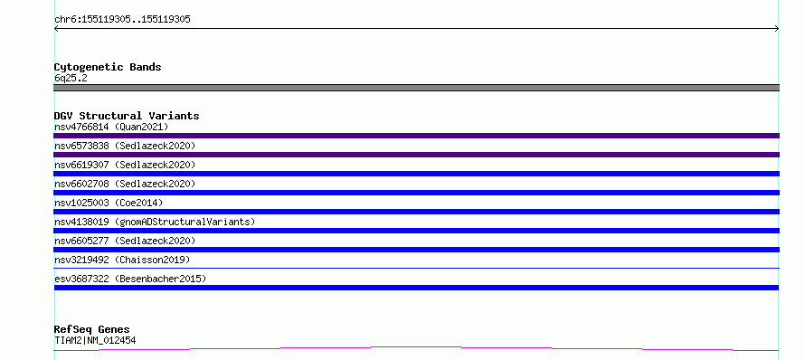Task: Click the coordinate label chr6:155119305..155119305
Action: pyautogui.click(x=122, y=20)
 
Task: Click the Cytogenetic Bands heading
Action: pyautogui.click(x=108, y=67)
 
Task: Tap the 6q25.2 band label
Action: pyautogui.click(x=71, y=79)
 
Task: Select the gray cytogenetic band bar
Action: pyautogui.click(x=416, y=88)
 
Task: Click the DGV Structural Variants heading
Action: pyautogui.click(x=127, y=116)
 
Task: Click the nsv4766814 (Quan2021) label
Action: pyautogui.click(x=111, y=127)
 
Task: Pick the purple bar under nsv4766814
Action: pyautogui.click(x=416, y=136)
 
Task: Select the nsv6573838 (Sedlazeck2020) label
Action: pyautogui.click(x=125, y=146)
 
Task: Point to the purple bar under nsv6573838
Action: pyautogui.click(x=416, y=155)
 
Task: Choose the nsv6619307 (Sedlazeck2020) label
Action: pyautogui.click(x=125, y=165)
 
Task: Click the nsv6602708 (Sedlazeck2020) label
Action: pyautogui.click(x=125, y=184)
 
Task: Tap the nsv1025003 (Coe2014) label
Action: pyautogui.click(x=109, y=203)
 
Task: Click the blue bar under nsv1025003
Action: pyautogui.click(x=416, y=212)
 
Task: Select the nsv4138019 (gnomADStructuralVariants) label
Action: pyautogui.click(x=155, y=222)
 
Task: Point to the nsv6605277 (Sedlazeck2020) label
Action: pyautogui.click(x=125, y=241)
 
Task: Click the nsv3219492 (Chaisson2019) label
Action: pyautogui.click(x=122, y=260)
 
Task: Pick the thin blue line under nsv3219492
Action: pyautogui.click(x=416, y=268)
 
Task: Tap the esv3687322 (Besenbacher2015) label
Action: pyautogui.click(x=130, y=279)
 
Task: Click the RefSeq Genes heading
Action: pyautogui.click(x=92, y=330)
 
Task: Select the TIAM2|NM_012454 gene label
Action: pyautogui.click(x=95, y=340)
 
